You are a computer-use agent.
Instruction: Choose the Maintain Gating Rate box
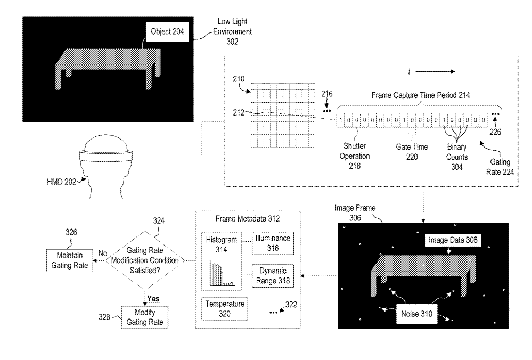point(68,260)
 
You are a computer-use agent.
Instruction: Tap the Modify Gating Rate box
point(145,316)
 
